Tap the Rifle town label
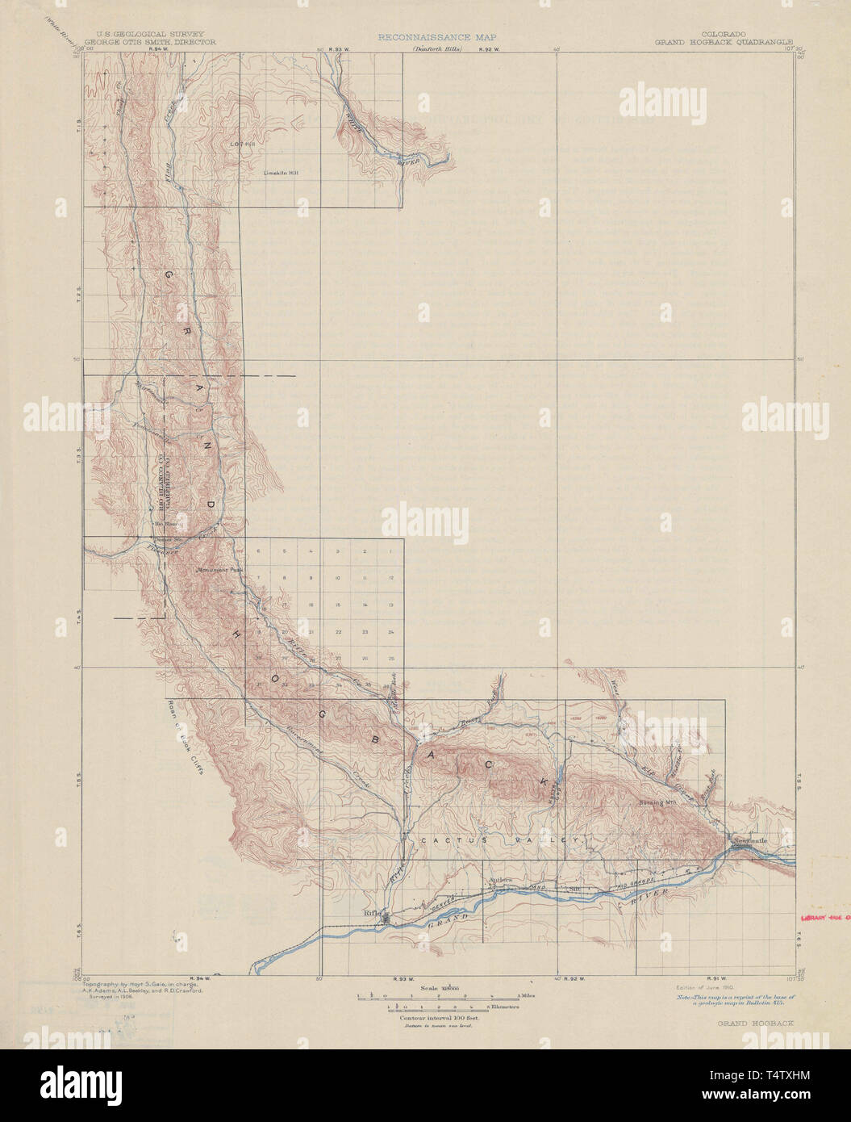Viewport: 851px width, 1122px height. pos(372,912)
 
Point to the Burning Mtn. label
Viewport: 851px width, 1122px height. pos(657,803)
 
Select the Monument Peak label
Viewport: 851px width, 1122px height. pos(219,568)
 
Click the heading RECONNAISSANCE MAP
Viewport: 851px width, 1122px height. pos(436,37)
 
